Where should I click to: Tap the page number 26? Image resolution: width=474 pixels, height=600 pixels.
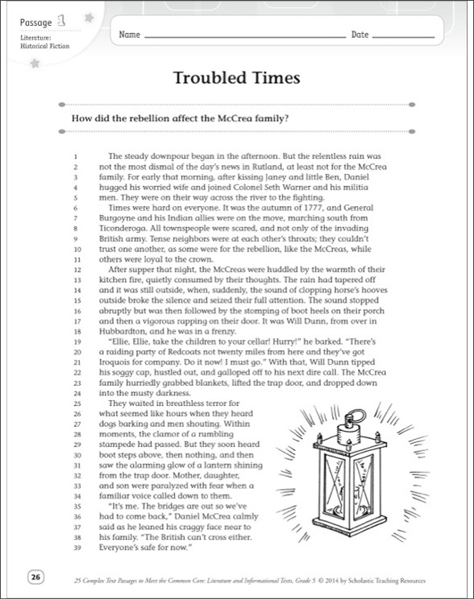click(35, 577)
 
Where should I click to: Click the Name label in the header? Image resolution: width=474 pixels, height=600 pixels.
click(130, 35)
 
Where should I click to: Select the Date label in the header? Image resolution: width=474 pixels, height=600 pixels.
click(360, 35)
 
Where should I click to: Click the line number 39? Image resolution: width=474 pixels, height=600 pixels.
click(73, 548)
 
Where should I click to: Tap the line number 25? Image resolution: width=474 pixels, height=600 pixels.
click(73, 403)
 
